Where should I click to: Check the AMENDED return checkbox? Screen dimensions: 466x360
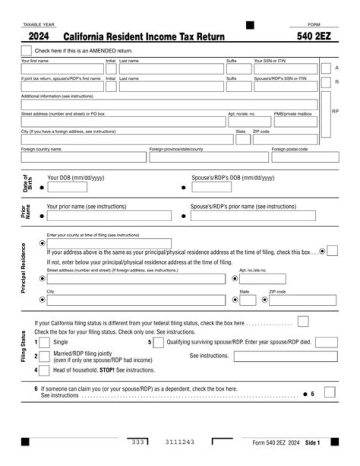(26, 51)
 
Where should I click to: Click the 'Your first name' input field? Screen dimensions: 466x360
(62, 69)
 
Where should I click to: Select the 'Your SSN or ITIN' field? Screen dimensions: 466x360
(285, 69)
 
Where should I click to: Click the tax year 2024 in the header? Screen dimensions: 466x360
(38, 37)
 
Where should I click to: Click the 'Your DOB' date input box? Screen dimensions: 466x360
(67, 187)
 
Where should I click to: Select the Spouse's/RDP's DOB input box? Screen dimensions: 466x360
(211, 187)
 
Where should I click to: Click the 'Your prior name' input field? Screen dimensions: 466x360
(108, 216)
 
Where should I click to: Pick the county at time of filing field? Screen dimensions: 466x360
(108, 244)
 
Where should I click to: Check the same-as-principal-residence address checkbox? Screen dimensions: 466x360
(332, 251)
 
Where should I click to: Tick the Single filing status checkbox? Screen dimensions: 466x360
(44, 343)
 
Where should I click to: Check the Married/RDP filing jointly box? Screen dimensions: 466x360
(44, 356)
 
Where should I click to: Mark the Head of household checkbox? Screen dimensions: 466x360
(44, 370)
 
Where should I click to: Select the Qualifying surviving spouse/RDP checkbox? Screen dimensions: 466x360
(158, 343)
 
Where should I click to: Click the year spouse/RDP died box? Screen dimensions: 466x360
(326, 343)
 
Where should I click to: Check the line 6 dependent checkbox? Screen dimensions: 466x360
(329, 392)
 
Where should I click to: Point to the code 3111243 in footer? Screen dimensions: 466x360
(179, 442)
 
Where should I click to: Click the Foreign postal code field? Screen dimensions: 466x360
(305, 157)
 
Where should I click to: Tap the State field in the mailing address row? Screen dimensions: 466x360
(242, 140)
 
